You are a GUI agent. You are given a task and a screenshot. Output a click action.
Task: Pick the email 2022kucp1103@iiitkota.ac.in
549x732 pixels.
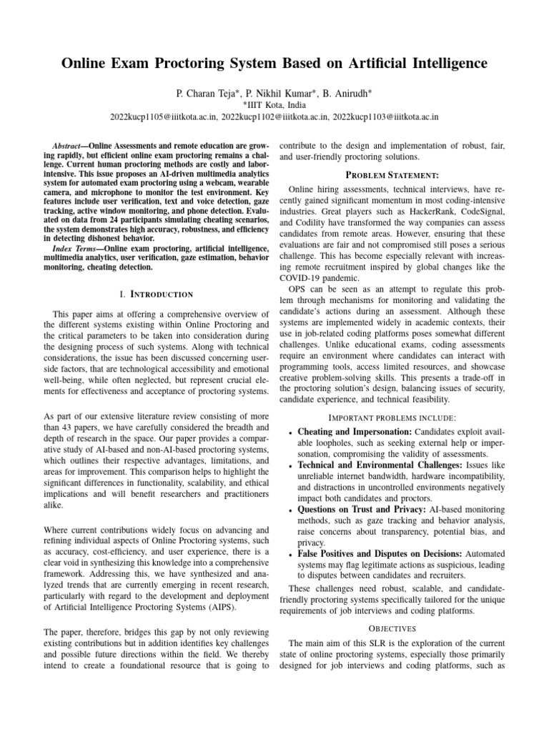(385, 115)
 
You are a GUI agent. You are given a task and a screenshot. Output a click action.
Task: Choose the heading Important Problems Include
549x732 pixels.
(392, 417)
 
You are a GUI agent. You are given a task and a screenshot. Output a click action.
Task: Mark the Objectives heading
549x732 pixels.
(392, 628)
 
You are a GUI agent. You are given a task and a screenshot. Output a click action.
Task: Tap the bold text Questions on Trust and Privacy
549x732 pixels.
(350, 510)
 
